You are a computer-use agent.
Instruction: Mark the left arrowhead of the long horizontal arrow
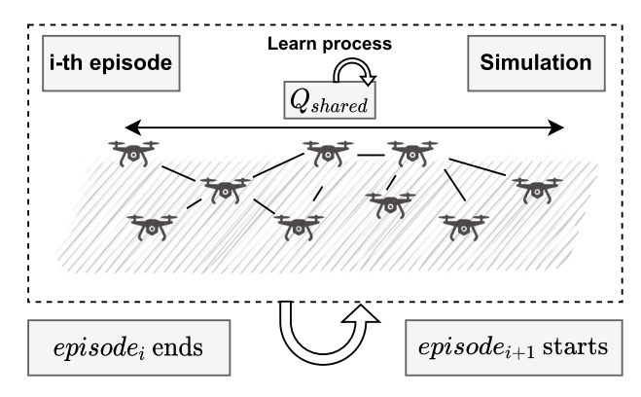(x=123, y=127)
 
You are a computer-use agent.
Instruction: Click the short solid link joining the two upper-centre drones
(x=370, y=154)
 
